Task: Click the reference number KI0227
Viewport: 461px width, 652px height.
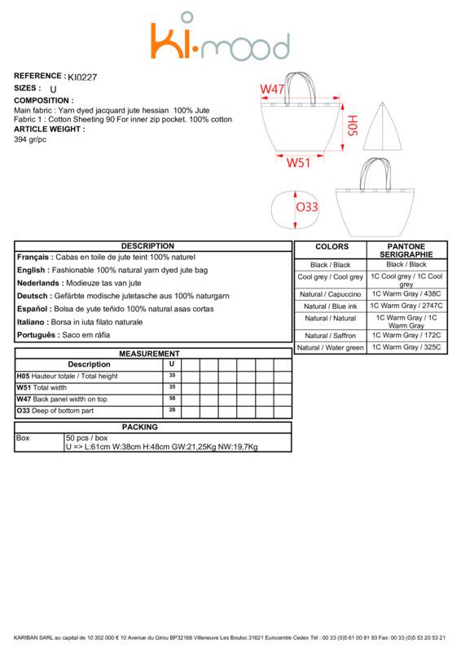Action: click(82, 77)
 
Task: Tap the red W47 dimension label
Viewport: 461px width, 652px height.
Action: click(272, 89)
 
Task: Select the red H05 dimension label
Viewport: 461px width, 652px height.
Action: click(352, 126)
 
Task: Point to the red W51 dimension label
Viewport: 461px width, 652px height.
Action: click(298, 162)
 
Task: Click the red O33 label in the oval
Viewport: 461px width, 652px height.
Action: click(307, 207)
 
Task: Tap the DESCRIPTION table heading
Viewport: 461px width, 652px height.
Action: click(147, 246)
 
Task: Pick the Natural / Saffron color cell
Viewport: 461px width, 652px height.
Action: click(331, 336)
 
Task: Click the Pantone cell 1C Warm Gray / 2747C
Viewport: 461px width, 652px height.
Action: click(406, 306)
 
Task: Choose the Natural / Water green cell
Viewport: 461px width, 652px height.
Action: click(331, 348)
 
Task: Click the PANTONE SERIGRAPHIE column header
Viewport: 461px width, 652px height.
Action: click(406, 250)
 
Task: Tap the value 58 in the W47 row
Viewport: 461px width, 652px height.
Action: click(172, 399)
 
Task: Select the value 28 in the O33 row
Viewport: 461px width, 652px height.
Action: click(172, 410)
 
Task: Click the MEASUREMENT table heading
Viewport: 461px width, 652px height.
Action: click(149, 354)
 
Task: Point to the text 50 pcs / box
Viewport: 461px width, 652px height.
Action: click(86, 438)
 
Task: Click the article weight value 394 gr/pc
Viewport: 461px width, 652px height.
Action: click(30, 139)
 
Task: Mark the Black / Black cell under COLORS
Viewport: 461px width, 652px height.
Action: click(331, 265)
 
